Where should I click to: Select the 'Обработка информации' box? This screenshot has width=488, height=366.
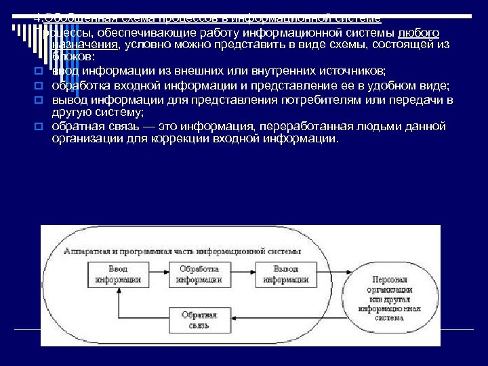(199, 273)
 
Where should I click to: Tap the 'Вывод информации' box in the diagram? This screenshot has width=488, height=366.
(282, 273)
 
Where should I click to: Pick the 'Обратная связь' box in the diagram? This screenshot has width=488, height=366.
(199, 319)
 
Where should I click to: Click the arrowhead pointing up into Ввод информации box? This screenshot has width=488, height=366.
(119, 289)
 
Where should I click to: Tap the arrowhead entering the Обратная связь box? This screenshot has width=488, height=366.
(232, 319)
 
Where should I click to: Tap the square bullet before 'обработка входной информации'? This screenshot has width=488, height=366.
(39, 86)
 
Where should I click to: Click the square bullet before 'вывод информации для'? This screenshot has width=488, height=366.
(39, 100)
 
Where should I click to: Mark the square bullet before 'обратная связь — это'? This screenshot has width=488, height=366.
(39, 126)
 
